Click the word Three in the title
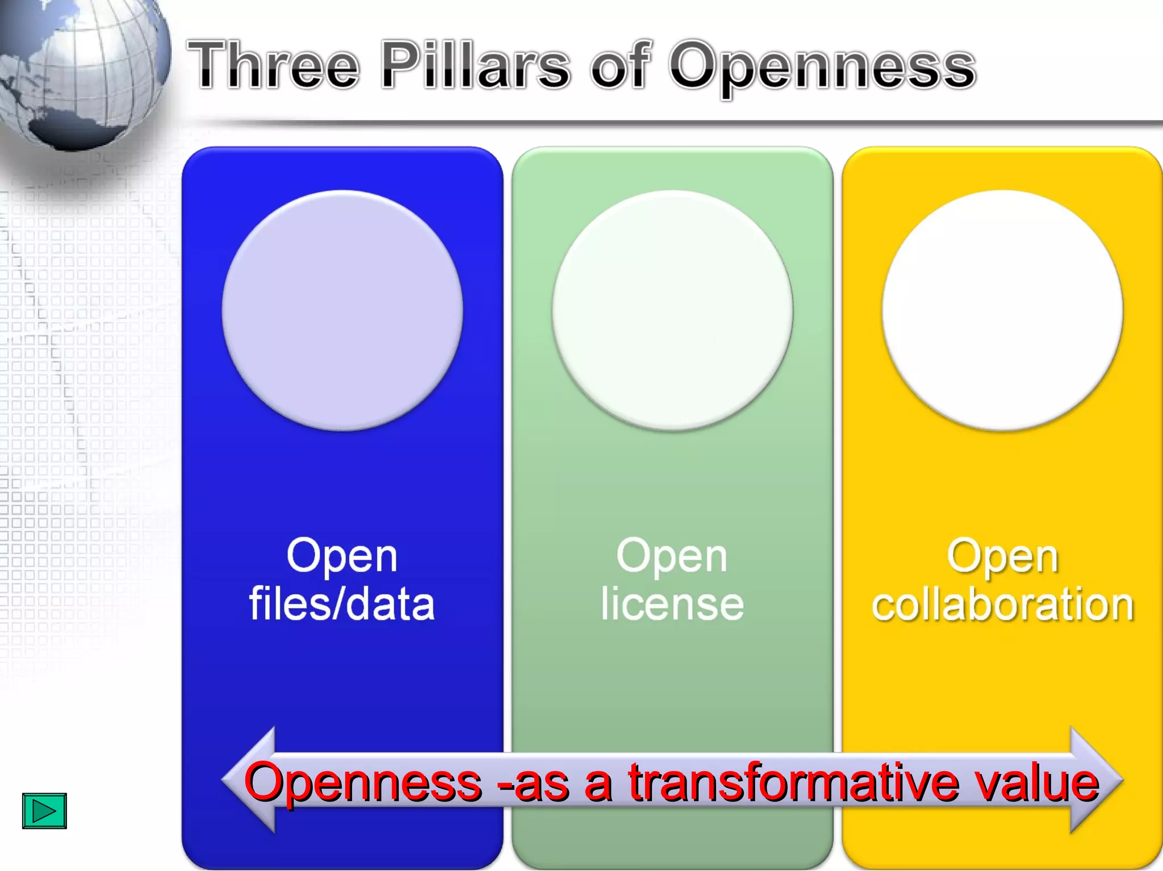pyautogui.click(x=274, y=65)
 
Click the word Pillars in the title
pyautogui.click(x=475, y=65)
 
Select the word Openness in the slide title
pyautogui.click(x=822, y=67)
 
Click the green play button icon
pyautogui.click(x=44, y=811)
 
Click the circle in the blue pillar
pyautogui.click(x=342, y=310)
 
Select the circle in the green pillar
pyautogui.click(x=672, y=310)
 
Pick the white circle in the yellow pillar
pyautogui.click(x=1002, y=310)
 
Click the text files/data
pyautogui.click(x=342, y=604)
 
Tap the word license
pyautogui.click(x=672, y=604)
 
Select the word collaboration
pyautogui.click(x=1002, y=604)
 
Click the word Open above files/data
pyautogui.click(x=342, y=556)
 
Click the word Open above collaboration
pyautogui.click(x=1002, y=556)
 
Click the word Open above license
pyautogui.click(x=672, y=556)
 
